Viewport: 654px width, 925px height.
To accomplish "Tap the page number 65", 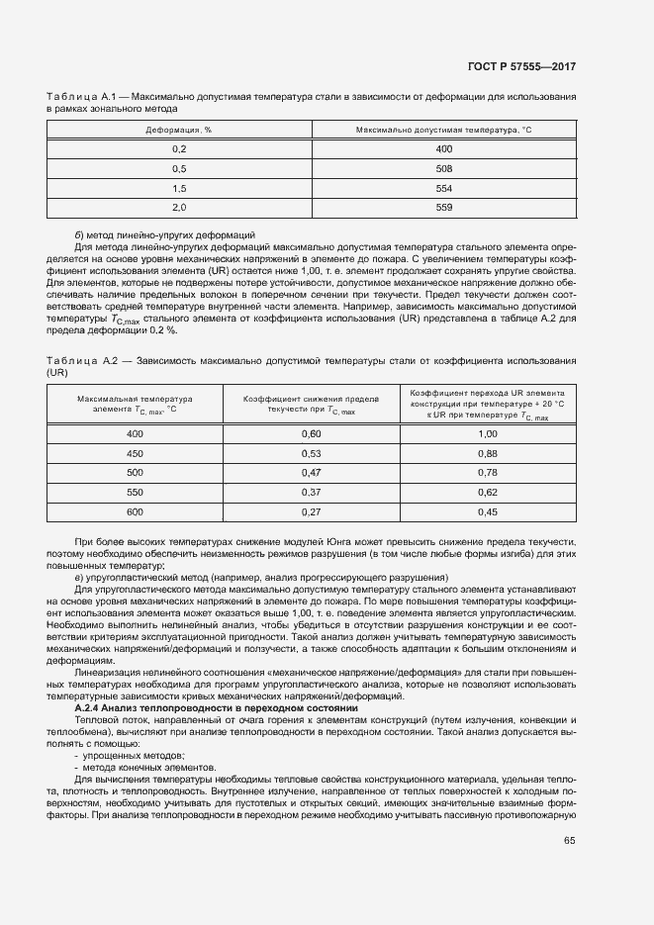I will click(569, 841).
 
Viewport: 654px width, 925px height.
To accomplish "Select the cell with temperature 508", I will click(443, 168).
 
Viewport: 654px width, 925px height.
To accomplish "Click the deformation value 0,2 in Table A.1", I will click(179, 148).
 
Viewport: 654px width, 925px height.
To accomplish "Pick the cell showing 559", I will click(443, 207).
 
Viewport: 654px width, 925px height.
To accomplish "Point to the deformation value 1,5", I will click(179, 188).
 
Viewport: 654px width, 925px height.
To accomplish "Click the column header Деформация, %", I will click(179, 130).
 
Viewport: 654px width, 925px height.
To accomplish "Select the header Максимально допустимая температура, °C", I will click(443, 130).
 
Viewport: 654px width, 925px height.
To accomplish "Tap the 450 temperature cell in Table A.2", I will click(136, 453).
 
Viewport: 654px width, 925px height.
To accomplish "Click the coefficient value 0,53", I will click(312, 453).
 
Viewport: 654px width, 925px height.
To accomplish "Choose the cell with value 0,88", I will click(487, 453).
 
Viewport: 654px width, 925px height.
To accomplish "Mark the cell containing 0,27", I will click(312, 511).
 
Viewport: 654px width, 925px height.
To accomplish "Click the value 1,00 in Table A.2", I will click(487, 433).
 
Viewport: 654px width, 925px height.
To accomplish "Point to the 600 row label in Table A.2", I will click(136, 511).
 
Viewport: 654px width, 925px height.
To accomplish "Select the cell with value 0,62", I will click(487, 492).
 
